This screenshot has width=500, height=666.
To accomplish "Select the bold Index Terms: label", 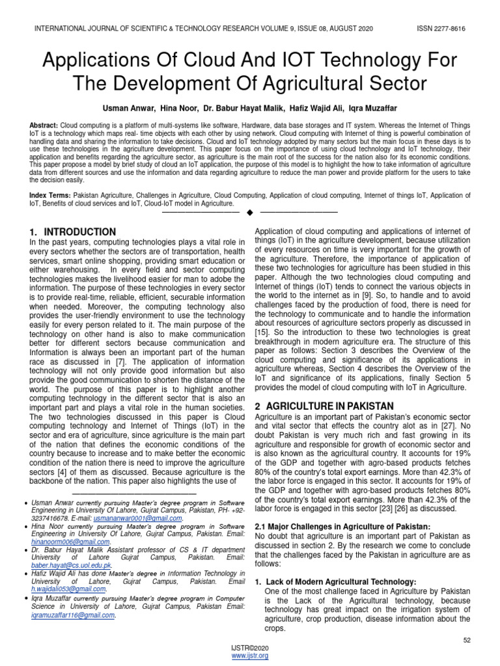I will click(51, 195).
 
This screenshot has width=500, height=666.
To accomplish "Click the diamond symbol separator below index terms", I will click(249, 211).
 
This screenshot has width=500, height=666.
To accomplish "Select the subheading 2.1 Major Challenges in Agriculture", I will click(342, 526).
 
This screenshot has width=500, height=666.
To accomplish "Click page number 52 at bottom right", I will click(467, 641).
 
